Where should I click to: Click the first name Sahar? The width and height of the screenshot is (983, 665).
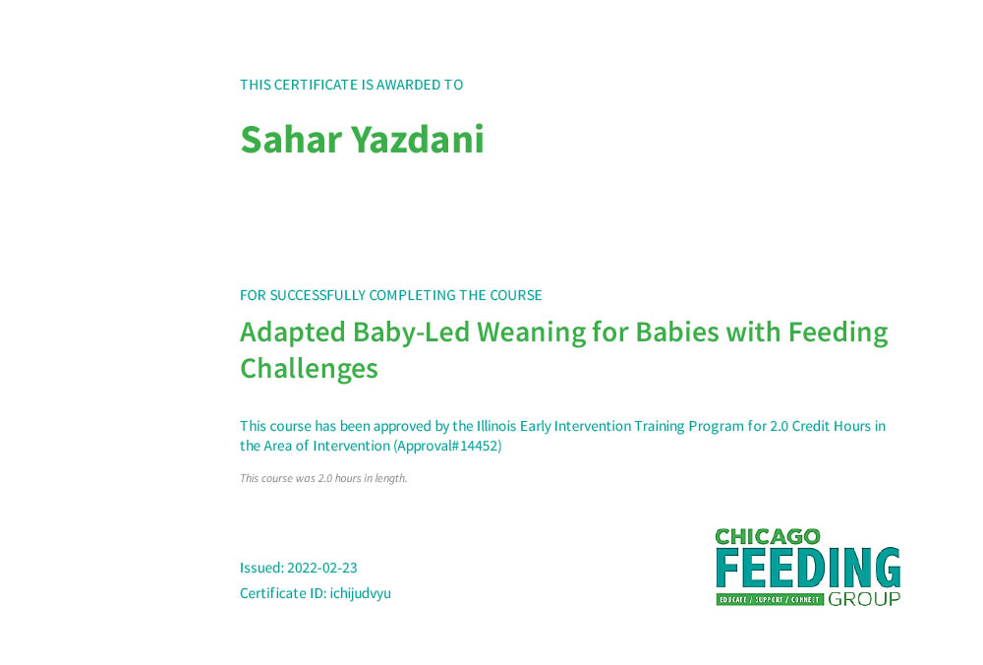pos(291,140)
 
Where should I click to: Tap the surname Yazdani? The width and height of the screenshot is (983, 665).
pos(417,140)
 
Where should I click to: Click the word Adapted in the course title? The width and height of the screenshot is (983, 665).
pos(293,332)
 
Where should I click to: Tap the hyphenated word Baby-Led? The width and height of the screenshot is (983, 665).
pos(411,332)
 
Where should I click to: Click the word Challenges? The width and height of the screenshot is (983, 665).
pos(309,369)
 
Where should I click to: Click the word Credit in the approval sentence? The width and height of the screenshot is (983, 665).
pos(811,426)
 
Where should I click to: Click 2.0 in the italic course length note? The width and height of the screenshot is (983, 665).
pos(324,479)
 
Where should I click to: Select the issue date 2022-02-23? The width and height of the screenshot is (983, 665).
pos(321,568)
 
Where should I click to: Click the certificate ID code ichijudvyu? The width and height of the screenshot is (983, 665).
pos(361,593)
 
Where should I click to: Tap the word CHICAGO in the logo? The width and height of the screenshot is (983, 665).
pos(768,537)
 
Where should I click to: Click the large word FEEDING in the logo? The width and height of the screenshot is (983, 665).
pos(808,568)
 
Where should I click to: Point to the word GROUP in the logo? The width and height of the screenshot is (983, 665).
pos(864,599)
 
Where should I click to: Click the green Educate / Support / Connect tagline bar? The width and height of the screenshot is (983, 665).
pos(770,600)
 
